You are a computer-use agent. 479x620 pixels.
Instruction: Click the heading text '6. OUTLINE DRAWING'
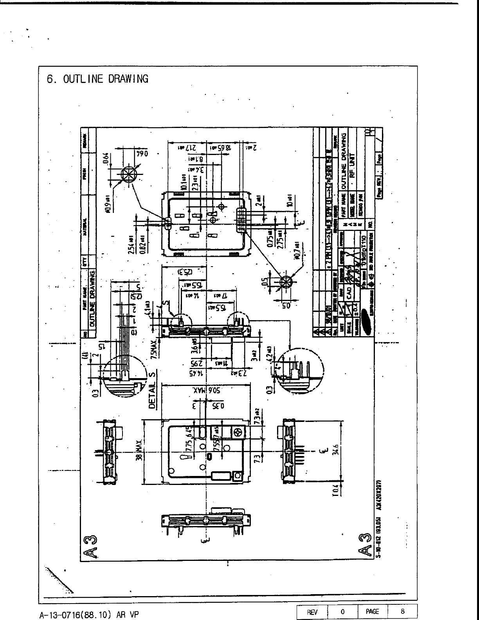pos(98,79)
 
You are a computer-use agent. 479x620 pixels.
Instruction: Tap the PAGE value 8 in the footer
pos(402,611)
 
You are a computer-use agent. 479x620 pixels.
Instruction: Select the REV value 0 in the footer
pos(342,611)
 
